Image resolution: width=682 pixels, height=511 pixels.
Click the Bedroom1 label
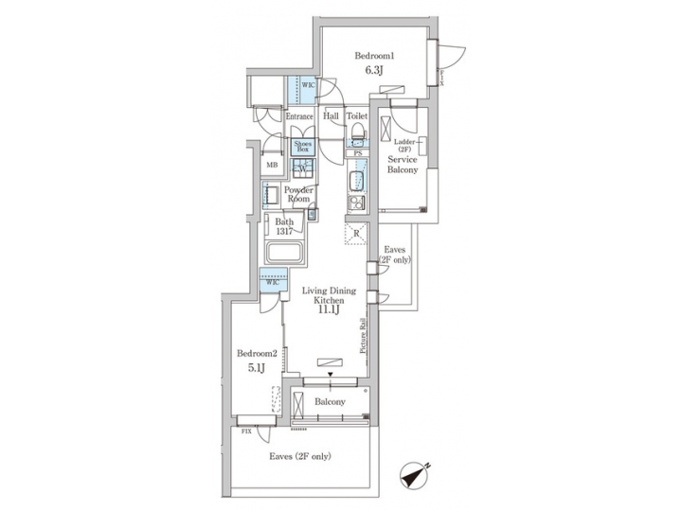click(x=374, y=55)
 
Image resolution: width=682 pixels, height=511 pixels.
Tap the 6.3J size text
click(x=374, y=70)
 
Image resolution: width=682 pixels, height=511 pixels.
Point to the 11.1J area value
click(x=329, y=308)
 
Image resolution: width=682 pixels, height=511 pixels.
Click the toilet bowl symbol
click(x=356, y=136)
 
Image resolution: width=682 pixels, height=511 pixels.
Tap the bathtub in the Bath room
click(x=284, y=254)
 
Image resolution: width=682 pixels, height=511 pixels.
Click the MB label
click(x=272, y=166)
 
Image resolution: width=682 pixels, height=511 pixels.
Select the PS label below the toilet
click(x=357, y=152)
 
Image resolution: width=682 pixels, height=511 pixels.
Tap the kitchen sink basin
click(x=358, y=180)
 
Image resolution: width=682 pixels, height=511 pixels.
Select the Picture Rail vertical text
click(x=363, y=336)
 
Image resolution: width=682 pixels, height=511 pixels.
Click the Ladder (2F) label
click(x=404, y=146)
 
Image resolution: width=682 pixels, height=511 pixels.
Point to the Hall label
click(x=332, y=116)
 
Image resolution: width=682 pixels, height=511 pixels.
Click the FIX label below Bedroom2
click(x=246, y=432)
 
